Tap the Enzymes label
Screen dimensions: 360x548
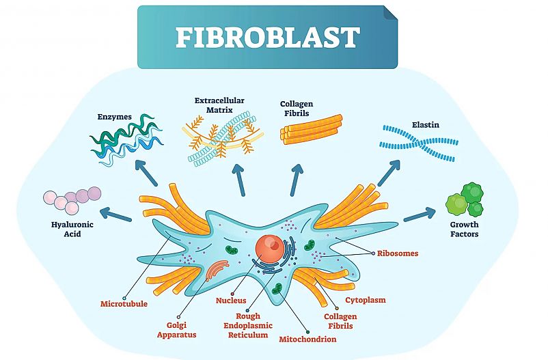113,117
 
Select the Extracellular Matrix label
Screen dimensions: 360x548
219,105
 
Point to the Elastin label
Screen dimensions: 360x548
425,125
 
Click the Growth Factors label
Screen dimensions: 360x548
464,229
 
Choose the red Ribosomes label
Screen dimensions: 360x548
397,253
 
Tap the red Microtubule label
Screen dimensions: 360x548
124,303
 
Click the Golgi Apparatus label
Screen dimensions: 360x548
176,330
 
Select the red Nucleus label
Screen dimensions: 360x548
230,300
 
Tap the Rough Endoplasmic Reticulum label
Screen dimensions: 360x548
249,326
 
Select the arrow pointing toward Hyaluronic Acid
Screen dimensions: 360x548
117,214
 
